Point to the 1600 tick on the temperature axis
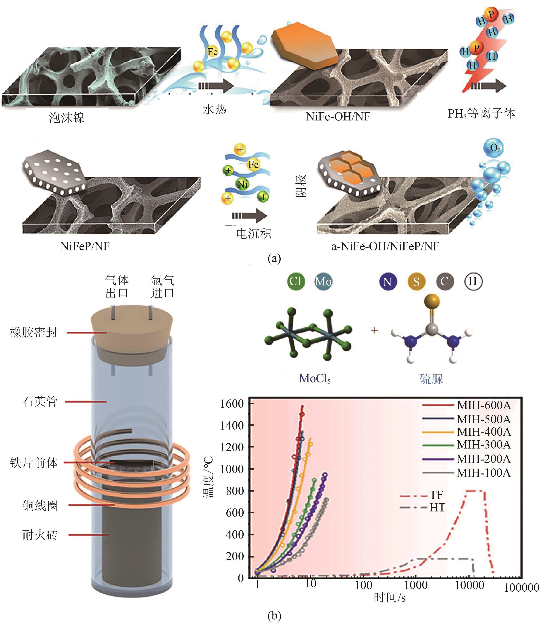[x=232, y=404]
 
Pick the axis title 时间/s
[x=390, y=598]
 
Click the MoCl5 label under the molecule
[x=314, y=379]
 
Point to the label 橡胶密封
[x=34, y=332]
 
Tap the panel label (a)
[x=274, y=259]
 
